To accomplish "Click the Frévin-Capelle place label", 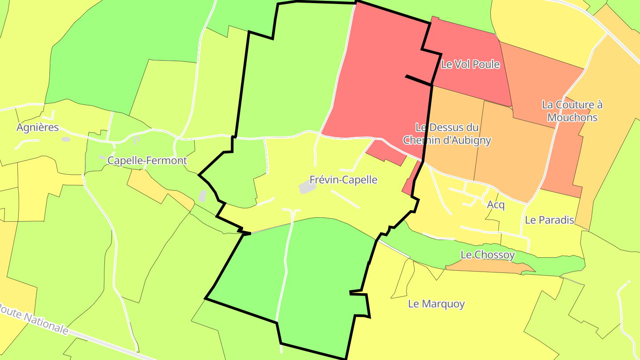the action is click(x=343, y=180).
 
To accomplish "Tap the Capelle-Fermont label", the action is click(x=147, y=161).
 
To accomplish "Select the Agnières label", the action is click(x=37, y=128).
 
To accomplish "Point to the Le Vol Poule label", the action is click(x=470, y=64).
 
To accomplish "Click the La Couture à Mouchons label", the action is click(x=572, y=111).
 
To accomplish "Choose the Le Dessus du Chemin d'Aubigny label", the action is click(x=447, y=134).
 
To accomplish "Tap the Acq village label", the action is click(x=496, y=205).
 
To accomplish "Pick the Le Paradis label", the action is click(x=550, y=220).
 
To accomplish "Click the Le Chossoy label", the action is click(x=488, y=255).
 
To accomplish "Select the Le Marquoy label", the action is click(x=436, y=304).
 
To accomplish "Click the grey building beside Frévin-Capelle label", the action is click(x=307, y=188).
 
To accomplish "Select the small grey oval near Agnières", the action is click(x=66, y=140).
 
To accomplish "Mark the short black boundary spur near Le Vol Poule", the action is click(x=418, y=80).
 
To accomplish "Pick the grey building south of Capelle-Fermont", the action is click(x=203, y=196).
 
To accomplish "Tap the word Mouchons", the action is click(x=572, y=118).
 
